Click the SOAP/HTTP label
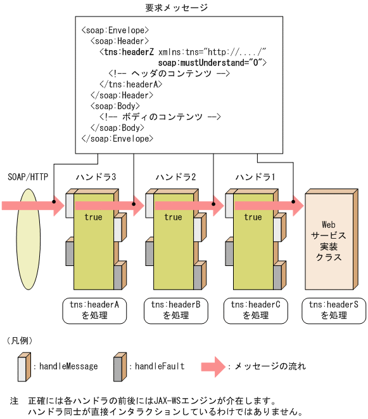tap(28, 176)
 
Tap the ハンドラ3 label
tap(96, 176)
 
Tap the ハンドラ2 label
tap(175, 176)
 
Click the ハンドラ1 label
tap(255, 176)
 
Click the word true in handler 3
tap(93, 218)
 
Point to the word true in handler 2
tap(173, 218)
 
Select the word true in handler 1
tap(253, 218)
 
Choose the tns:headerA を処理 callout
tap(96, 310)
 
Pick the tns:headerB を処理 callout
tap(175, 310)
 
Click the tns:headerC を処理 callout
tap(255, 310)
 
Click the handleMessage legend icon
tap(23, 367)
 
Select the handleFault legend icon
tap(119, 367)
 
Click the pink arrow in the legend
tap(213, 366)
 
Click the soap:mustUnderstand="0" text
tap(212, 63)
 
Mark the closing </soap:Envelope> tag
tap(117, 138)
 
